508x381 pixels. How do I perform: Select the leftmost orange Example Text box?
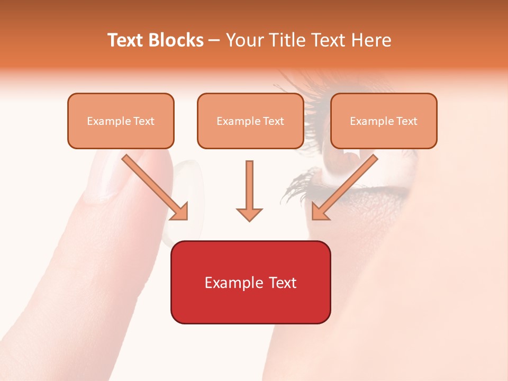121,121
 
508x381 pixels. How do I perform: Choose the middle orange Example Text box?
250,121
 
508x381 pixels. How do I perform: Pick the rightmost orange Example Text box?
384,121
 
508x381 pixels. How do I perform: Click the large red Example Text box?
250,282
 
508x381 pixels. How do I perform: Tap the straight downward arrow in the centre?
249,185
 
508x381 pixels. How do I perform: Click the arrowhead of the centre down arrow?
249,214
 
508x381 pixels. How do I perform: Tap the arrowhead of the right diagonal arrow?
320,211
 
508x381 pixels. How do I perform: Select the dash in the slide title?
214,40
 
